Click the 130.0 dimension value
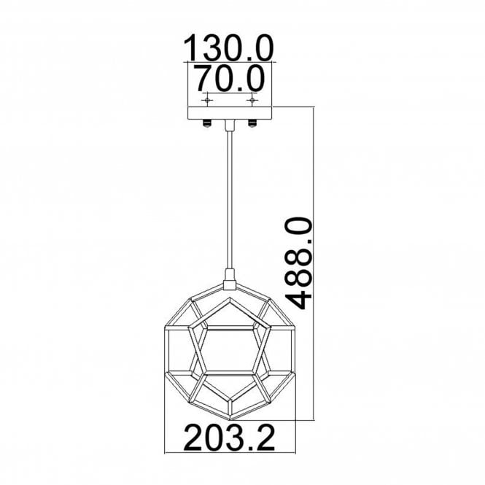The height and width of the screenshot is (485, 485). (228, 49)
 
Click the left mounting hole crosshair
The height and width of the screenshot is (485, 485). (208, 98)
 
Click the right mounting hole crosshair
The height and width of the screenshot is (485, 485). (252, 98)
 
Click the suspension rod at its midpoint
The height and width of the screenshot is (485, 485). (230, 201)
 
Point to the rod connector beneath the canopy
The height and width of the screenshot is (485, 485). (230, 128)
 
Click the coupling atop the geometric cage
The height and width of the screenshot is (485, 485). (230, 276)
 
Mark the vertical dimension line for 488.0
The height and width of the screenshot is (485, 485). (314, 263)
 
